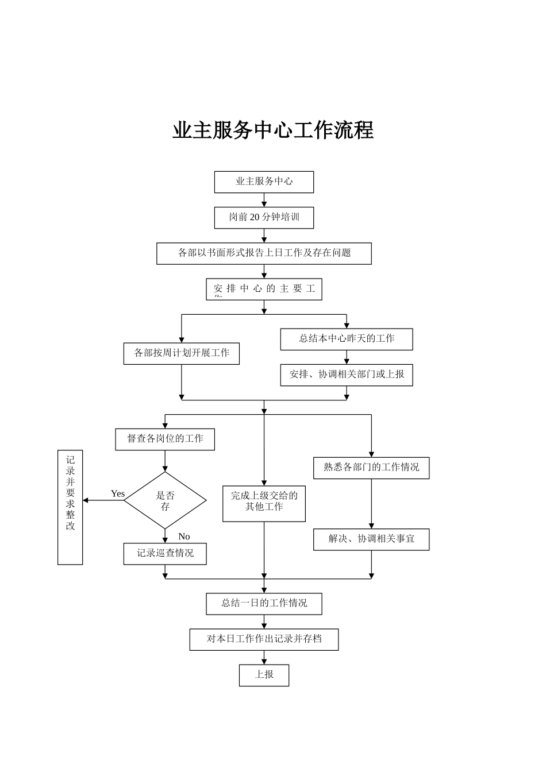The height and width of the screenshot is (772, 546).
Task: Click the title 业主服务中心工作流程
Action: [x=273, y=130]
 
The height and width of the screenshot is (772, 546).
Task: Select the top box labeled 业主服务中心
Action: [x=264, y=182]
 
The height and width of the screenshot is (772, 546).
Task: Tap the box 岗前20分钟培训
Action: [x=264, y=218]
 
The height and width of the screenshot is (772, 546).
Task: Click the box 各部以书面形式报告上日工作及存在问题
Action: [x=264, y=253]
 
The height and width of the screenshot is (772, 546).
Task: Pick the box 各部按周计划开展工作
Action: [x=181, y=353]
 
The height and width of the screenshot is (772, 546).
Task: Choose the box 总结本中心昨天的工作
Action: [x=346, y=339]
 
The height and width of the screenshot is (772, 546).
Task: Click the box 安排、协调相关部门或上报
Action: [x=346, y=375]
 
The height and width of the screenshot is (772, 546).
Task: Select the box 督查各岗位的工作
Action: [x=165, y=439]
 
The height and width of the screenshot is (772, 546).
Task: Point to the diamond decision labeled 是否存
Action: [x=165, y=500]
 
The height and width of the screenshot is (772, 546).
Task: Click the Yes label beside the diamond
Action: [x=118, y=494]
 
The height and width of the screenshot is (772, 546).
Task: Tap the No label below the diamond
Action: [x=184, y=536]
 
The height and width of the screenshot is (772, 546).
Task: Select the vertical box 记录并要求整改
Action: [x=70, y=507]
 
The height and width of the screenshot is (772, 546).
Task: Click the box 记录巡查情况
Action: [x=165, y=554]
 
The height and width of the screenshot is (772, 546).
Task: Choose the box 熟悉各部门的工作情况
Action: [x=371, y=468]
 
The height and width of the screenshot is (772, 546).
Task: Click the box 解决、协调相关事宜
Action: [x=371, y=539]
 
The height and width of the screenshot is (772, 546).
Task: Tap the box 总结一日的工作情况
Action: [x=264, y=604]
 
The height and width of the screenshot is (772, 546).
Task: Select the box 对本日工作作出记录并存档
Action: [x=264, y=639]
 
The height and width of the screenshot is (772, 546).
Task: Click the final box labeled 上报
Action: [x=264, y=675]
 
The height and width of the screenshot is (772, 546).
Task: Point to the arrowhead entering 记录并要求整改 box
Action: [x=86, y=500]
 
